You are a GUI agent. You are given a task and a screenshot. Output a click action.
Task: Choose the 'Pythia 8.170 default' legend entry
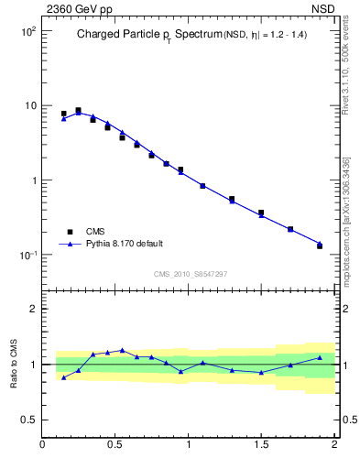tap(124, 244)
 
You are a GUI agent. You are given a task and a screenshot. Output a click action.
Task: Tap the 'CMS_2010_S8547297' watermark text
tap(190, 273)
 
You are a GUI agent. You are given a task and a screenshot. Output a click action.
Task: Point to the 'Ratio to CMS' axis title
tap(14, 365)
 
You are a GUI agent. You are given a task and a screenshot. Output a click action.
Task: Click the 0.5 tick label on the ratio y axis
tap(27, 420)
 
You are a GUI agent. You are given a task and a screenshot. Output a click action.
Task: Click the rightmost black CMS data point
tap(320, 245)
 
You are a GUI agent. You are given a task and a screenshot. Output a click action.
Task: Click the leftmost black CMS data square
tap(64, 114)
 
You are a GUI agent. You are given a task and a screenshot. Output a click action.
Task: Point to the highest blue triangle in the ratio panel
tap(122, 350)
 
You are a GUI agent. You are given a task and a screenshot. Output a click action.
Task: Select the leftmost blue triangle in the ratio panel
tap(64, 377)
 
